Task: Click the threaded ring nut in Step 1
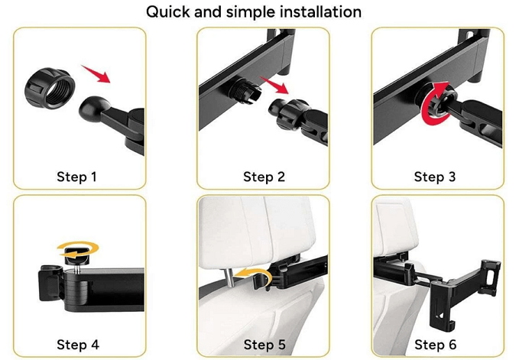click(50, 88)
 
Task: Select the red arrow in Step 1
click(96, 74)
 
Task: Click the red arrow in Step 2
click(274, 85)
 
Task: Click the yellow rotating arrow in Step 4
click(78, 249)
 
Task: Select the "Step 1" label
click(76, 177)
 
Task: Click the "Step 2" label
click(264, 177)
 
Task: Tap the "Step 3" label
click(435, 177)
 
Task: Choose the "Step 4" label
click(78, 345)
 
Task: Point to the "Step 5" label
click(264, 345)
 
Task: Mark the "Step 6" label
click(435, 345)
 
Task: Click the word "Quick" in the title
click(168, 12)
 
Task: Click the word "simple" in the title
click(250, 12)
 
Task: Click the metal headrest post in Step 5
click(229, 277)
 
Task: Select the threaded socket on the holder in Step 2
click(245, 89)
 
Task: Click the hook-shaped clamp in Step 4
click(50, 282)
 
